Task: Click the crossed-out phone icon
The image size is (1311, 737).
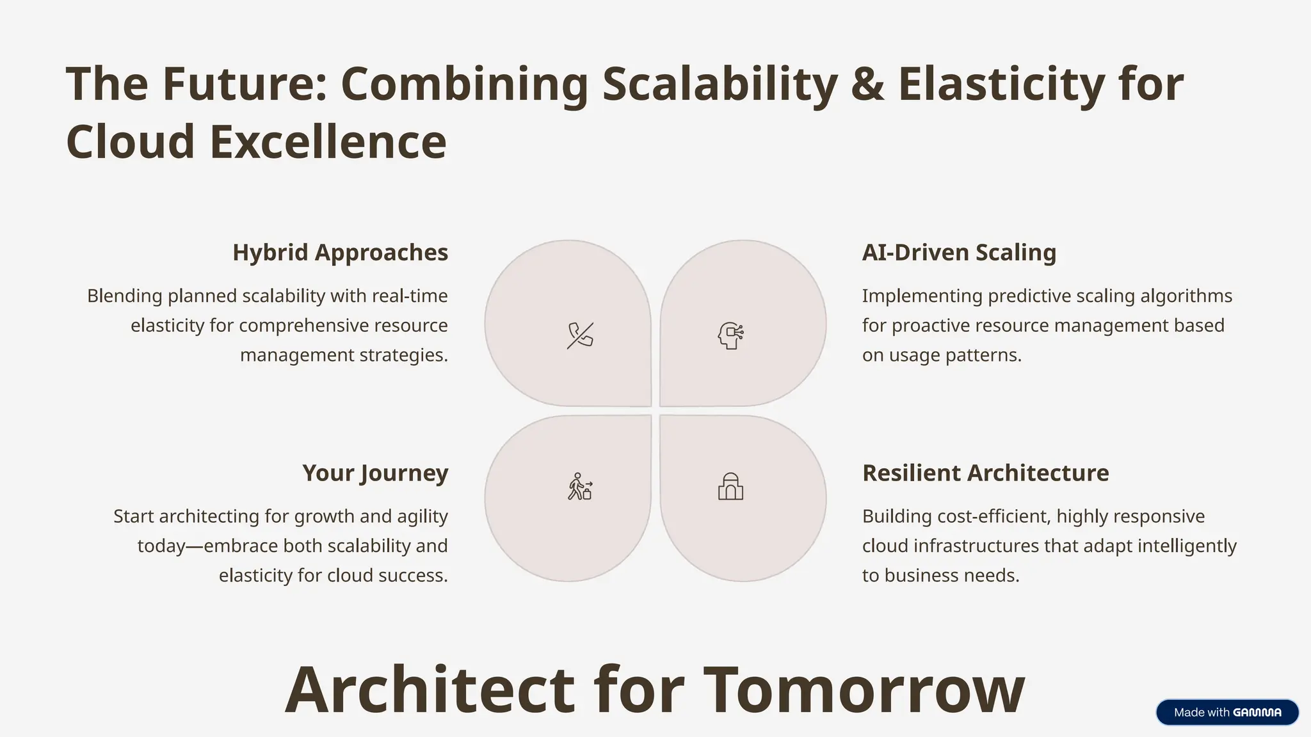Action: [580, 335]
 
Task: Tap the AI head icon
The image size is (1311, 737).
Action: [730, 335]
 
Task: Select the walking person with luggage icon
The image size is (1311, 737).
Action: [580, 487]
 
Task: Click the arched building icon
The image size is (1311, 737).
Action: [730, 487]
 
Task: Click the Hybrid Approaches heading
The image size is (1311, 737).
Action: [340, 253]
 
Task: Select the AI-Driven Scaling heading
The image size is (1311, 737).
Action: [959, 253]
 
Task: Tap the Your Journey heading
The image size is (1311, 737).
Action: [375, 473]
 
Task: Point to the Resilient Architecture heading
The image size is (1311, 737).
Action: [985, 473]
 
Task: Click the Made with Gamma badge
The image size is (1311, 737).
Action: [1227, 712]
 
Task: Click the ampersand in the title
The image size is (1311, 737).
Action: [867, 84]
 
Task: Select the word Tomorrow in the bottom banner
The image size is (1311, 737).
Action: [864, 690]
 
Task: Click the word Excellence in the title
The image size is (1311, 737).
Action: [328, 142]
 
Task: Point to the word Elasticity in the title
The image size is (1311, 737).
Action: [1001, 84]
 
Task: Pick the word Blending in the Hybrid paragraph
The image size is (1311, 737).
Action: [125, 296]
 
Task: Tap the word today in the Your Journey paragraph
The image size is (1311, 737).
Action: [161, 546]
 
